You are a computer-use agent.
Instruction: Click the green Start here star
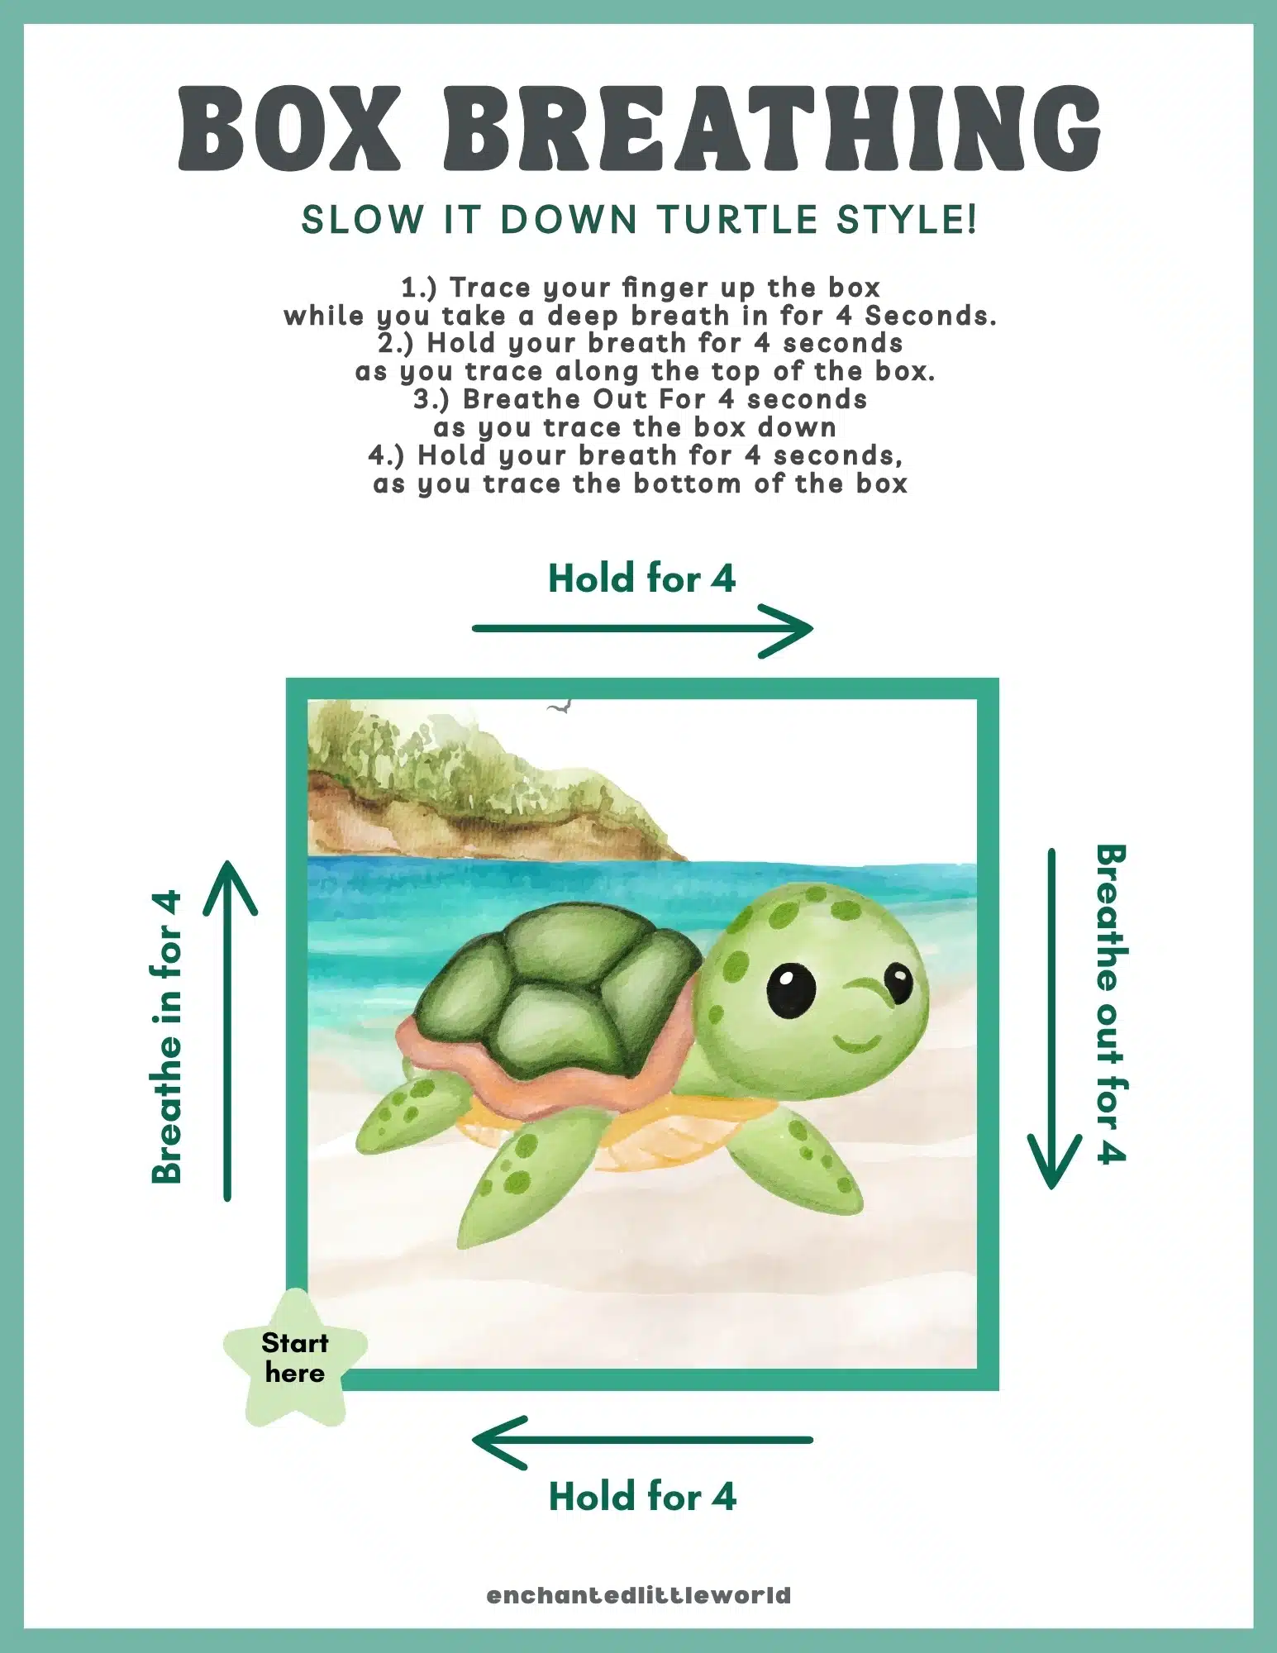[295, 1357]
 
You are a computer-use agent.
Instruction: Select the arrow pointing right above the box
[642, 629]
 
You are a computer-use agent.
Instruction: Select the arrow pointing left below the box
[642, 1440]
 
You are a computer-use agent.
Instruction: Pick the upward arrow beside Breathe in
[229, 1029]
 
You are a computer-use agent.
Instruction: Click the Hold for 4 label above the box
[641, 579]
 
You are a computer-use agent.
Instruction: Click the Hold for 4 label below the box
[642, 1497]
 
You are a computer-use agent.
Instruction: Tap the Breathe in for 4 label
[167, 1037]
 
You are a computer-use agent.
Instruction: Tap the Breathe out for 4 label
[1111, 1003]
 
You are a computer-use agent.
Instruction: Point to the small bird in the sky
[560, 707]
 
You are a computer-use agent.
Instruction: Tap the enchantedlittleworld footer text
[639, 1595]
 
